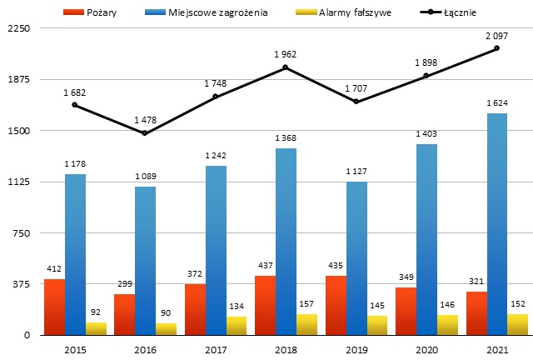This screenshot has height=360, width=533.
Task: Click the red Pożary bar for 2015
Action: [54, 307]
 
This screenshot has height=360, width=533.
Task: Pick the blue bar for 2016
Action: [145, 260]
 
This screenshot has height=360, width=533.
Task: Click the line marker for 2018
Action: [286, 67]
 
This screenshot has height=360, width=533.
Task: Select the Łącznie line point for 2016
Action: [145, 133]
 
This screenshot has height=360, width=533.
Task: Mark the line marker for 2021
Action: [497, 48]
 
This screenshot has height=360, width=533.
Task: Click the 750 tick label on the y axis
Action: [20, 232]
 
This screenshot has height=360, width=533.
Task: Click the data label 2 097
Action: [497, 36]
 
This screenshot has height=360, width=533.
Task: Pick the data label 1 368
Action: [286, 137]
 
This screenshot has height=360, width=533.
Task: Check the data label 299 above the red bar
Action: [124, 283]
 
